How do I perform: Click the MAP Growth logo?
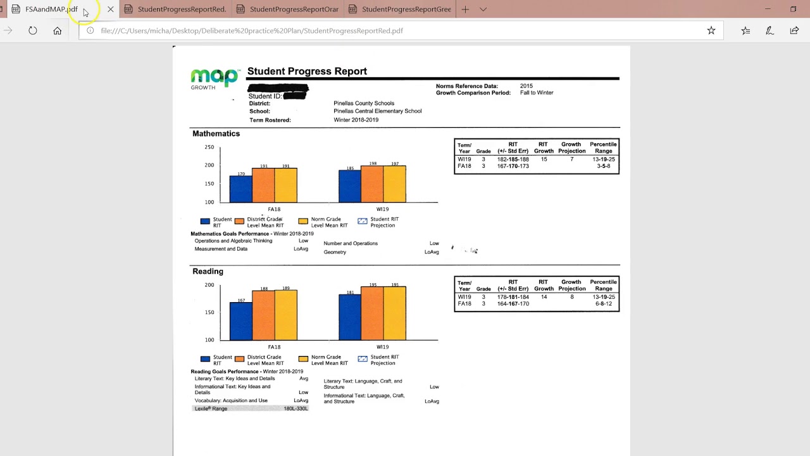(214, 79)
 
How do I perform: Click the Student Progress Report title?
(307, 72)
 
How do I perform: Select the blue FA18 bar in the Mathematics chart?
(240, 189)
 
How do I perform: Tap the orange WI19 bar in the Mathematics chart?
(372, 184)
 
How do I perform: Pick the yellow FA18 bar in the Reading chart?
(285, 315)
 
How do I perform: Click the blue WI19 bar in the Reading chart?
(350, 317)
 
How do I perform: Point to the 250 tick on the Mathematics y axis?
(209, 148)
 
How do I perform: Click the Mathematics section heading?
(216, 134)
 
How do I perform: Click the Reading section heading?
(208, 272)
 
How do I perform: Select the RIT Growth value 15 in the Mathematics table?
(544, 160)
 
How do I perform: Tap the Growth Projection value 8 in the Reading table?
(571, 297)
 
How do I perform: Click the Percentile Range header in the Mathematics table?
(603, 148)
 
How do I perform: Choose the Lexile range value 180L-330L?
(296, 409)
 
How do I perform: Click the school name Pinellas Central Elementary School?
(377, 111)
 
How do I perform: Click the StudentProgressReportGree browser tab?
(406, 9)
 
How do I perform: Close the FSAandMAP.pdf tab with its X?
(111, 9)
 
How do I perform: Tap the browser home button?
(58, 30)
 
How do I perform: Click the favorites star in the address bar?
(711, 30)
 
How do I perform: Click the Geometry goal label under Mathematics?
(335, 252)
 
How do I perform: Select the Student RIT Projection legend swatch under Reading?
(363, 359)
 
